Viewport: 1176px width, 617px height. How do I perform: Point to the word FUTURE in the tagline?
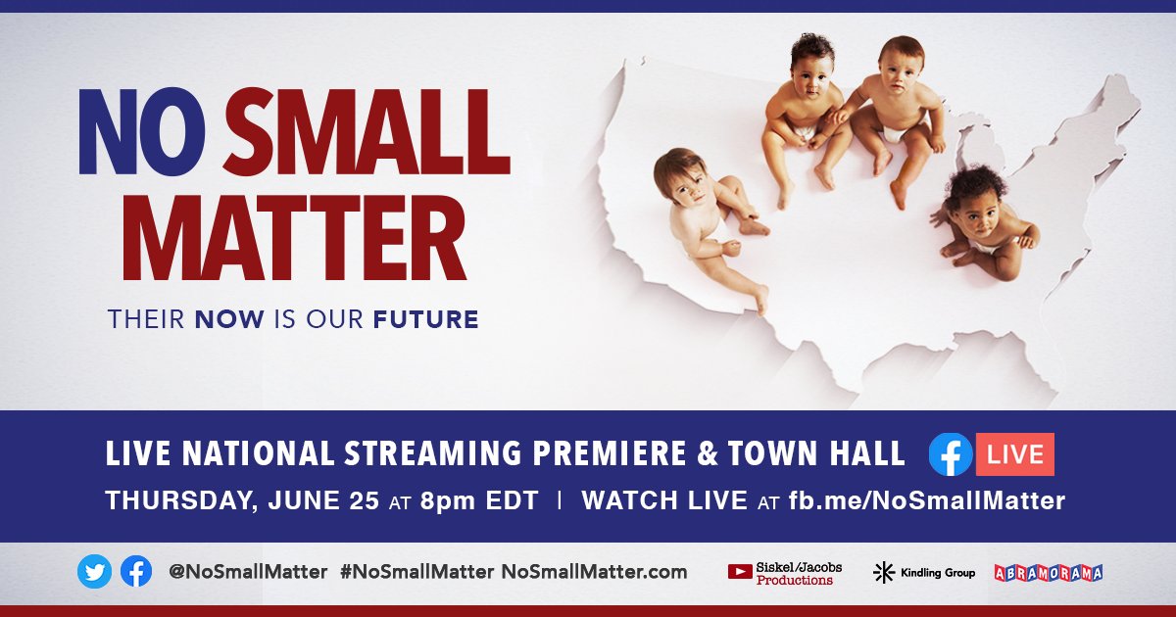425,319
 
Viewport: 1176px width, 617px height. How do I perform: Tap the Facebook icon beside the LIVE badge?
951,454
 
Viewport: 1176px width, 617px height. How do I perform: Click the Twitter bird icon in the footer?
95,572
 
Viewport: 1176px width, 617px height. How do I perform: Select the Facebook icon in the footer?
136,572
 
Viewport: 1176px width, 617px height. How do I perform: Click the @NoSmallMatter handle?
249,572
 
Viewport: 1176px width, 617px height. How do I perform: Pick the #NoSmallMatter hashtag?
416,572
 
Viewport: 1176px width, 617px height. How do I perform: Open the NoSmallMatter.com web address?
595,572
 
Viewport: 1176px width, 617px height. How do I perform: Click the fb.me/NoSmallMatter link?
926,500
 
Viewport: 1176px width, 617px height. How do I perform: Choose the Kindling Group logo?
924,573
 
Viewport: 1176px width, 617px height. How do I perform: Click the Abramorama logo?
1048,573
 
